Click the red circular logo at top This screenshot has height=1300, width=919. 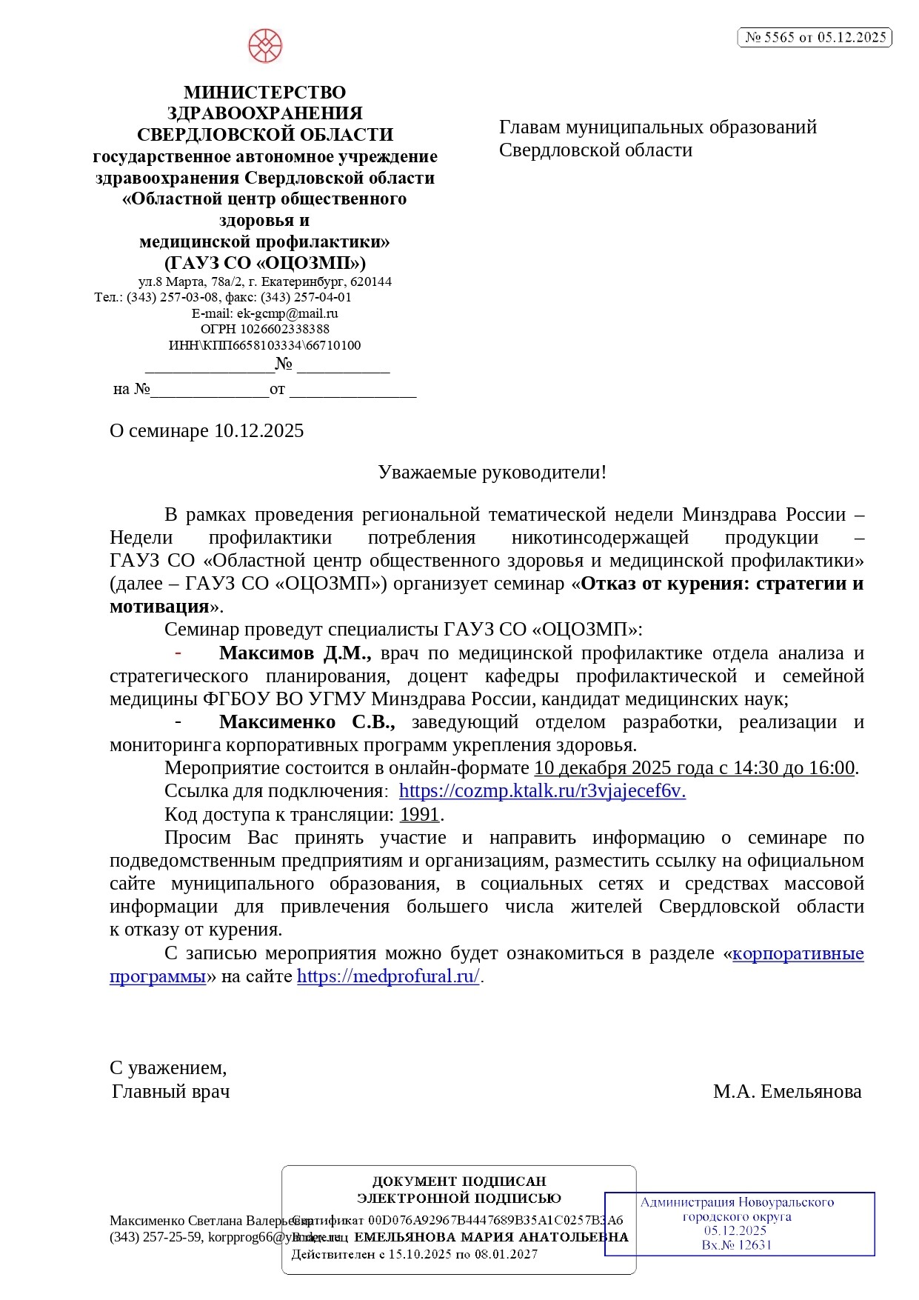tap(264, 46)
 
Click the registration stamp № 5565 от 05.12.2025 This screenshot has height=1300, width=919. tap(815, 37)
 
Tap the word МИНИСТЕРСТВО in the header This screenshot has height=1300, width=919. tap(264, 93)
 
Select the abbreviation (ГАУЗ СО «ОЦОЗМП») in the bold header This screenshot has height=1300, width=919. tap(264, 263)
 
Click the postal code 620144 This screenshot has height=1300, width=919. tap(371, 282)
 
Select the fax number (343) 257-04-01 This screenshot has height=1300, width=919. tap(306, 298)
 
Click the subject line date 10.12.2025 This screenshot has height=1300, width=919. tap(258, 431)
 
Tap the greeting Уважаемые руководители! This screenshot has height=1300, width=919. tap(492, 473)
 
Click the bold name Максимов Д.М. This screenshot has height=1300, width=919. tap(294, 653)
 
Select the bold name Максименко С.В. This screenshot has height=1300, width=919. tap(307, 722)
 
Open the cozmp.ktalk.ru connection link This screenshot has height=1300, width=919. tap(542, 791)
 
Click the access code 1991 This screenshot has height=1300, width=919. tap(420, 815)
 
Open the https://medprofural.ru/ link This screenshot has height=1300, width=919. tap(388, 976)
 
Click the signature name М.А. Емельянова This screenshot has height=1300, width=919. tap(786, 1092)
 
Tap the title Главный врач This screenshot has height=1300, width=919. tap(171, 1092)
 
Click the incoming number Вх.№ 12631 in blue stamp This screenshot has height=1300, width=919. tap(736, 1245)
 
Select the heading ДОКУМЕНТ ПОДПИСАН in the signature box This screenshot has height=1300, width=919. tap(458, 1181)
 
